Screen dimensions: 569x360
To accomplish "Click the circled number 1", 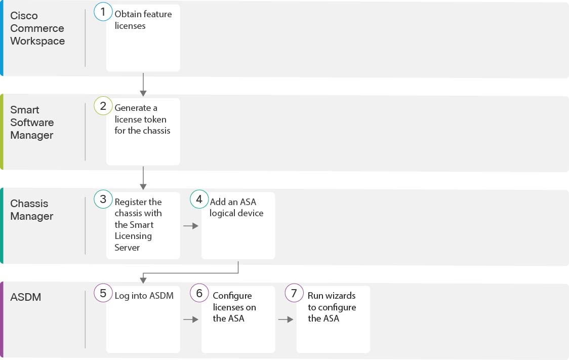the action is pos(103,12).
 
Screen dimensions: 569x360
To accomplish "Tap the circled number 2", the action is pos(103,106).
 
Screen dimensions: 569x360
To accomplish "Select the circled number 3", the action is pos(103,199).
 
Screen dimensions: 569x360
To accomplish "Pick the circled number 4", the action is pos(199,199).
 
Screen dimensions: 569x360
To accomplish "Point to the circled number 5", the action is pos(103,293).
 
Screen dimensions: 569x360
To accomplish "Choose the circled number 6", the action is pos(199,293).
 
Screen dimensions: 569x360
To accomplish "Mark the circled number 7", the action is pos(294,293).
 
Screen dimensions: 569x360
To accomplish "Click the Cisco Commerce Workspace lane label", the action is pos(37,28).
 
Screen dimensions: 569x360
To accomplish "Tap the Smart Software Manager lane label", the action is pos(32,123).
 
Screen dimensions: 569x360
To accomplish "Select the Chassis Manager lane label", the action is pos(32,210).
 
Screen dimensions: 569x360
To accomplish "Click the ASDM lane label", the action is pos(25,297).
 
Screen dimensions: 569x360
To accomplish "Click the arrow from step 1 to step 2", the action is pos(143,85).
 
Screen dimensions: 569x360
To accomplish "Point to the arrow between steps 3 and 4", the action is pos(191,226).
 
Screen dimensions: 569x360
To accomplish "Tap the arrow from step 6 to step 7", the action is pos(286,319).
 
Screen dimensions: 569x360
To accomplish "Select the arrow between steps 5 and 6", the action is pos(191,319).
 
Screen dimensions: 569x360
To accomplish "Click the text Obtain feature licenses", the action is pos(143,20).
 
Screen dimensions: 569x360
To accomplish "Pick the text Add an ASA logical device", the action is pos(236,207).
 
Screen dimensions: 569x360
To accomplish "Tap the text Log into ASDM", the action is pos(144,296).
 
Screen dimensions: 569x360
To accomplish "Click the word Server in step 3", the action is pos(127,248).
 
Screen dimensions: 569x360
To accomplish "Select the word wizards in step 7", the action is pos(340,296).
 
